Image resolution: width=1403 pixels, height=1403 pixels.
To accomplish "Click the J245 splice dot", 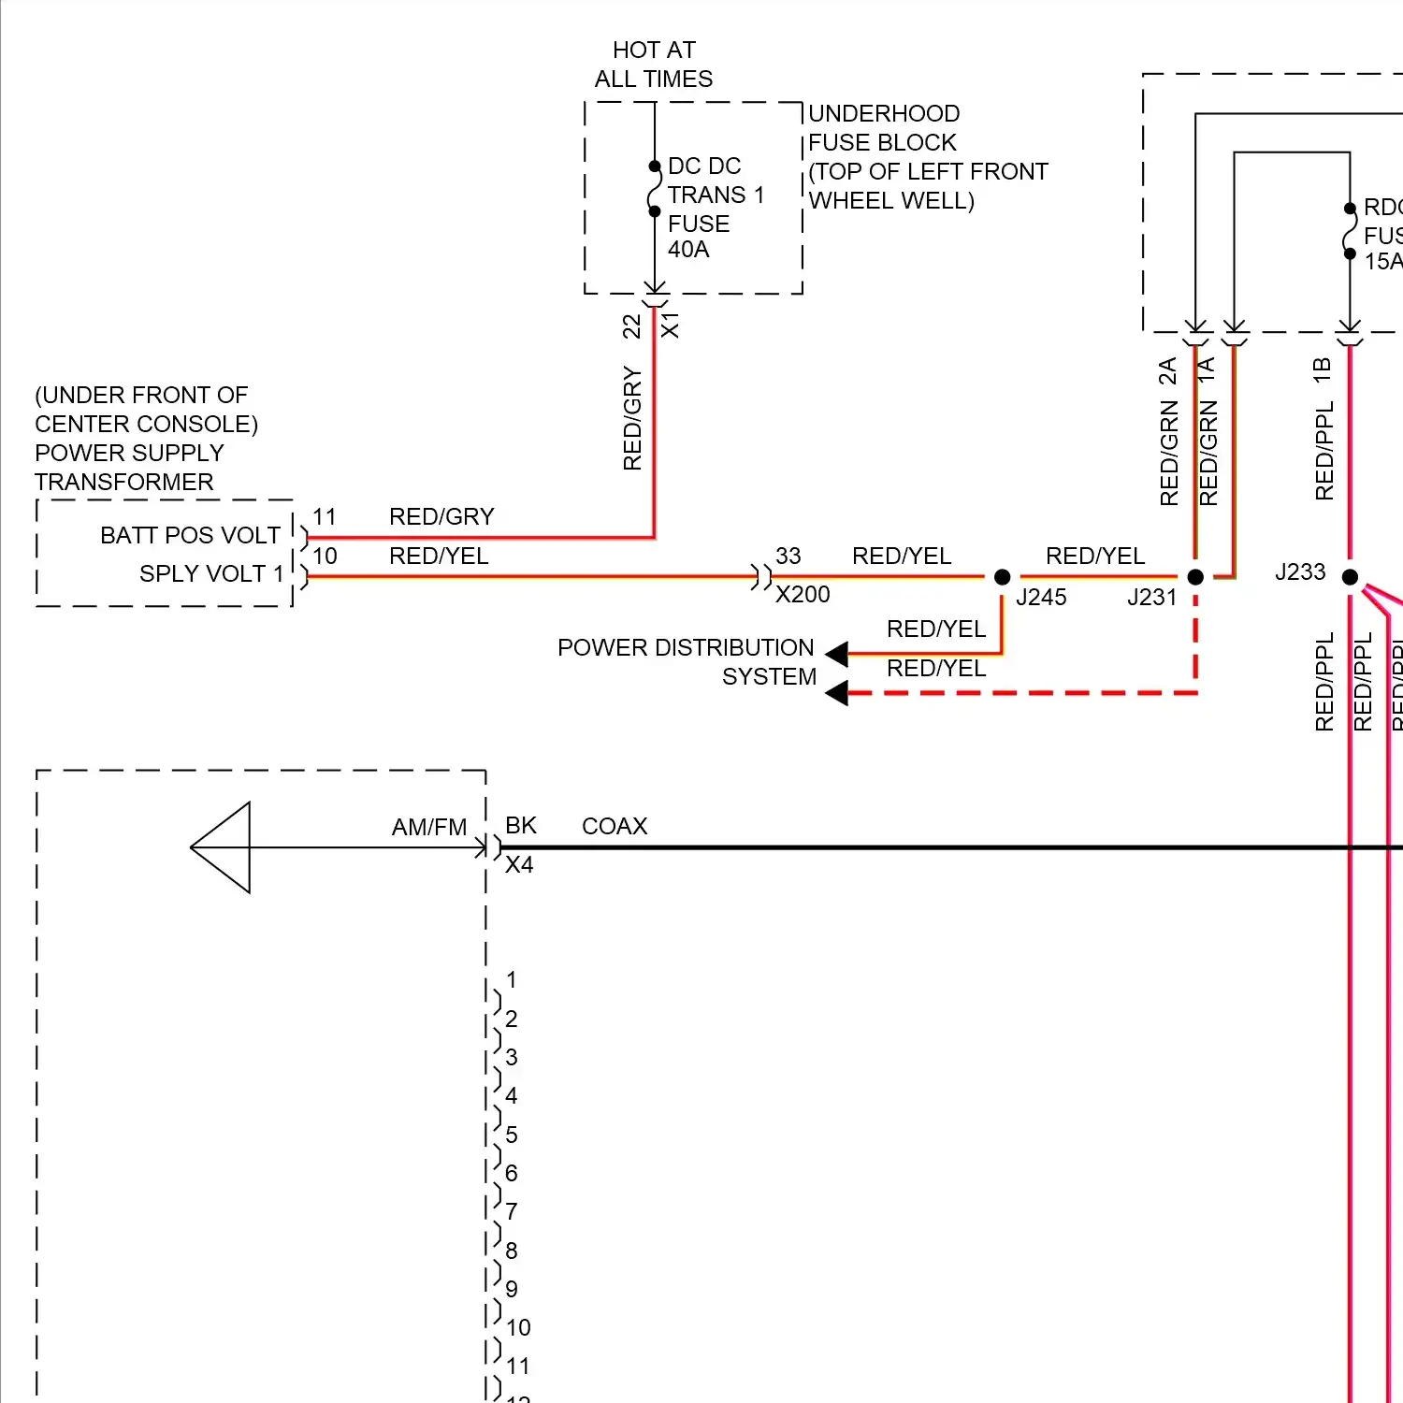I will [x=1002, y=577].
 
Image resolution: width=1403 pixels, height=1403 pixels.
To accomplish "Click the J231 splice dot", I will [x=1195, y=577].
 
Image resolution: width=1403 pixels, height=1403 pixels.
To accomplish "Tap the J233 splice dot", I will [x=1350, y=577].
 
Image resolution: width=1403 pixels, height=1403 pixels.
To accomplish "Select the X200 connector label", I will [x=803, y=595].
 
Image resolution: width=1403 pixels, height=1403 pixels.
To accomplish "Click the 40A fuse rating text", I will [x=688, y=250].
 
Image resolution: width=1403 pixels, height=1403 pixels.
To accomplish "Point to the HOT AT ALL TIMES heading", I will [x=654, y=65].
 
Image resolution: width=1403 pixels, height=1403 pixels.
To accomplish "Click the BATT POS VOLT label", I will [x=190, y=535].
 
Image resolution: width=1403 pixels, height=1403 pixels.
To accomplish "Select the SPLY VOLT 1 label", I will [x=211, y=573].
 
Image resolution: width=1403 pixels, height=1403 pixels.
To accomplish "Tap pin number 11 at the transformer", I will [x=325, y=517].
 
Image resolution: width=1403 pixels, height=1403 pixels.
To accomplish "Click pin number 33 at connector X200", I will [x=788, y=557].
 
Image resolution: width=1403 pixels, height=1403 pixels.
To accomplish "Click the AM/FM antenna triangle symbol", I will [x=222, y=847].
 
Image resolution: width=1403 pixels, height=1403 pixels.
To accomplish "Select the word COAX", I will [x=615, y=827].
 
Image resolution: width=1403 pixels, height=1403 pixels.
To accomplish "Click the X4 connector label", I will [x=519, y=865].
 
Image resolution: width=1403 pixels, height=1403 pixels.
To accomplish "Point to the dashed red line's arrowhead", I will [x=837, y=693].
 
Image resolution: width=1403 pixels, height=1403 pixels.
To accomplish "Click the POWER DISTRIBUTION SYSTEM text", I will [x=687, y=662].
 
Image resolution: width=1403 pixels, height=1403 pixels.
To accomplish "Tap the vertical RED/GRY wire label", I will [x=632, y=418].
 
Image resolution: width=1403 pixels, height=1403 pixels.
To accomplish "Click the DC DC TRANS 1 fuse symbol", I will [x=655, y=189].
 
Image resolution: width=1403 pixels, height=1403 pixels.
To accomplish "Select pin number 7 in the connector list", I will [x=512, y=1211].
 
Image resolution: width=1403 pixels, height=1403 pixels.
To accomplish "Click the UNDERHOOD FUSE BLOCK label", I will [x=884, y=128].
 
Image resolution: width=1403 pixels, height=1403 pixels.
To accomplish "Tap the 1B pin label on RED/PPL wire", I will [x=1323, y=370].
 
